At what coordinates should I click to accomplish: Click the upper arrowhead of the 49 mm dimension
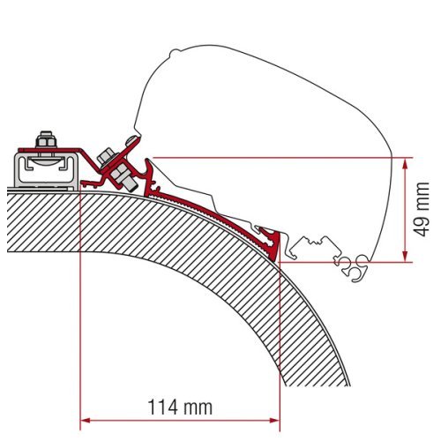(x=406, y=162)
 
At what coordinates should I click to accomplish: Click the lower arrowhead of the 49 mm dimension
(x=406, y=257)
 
